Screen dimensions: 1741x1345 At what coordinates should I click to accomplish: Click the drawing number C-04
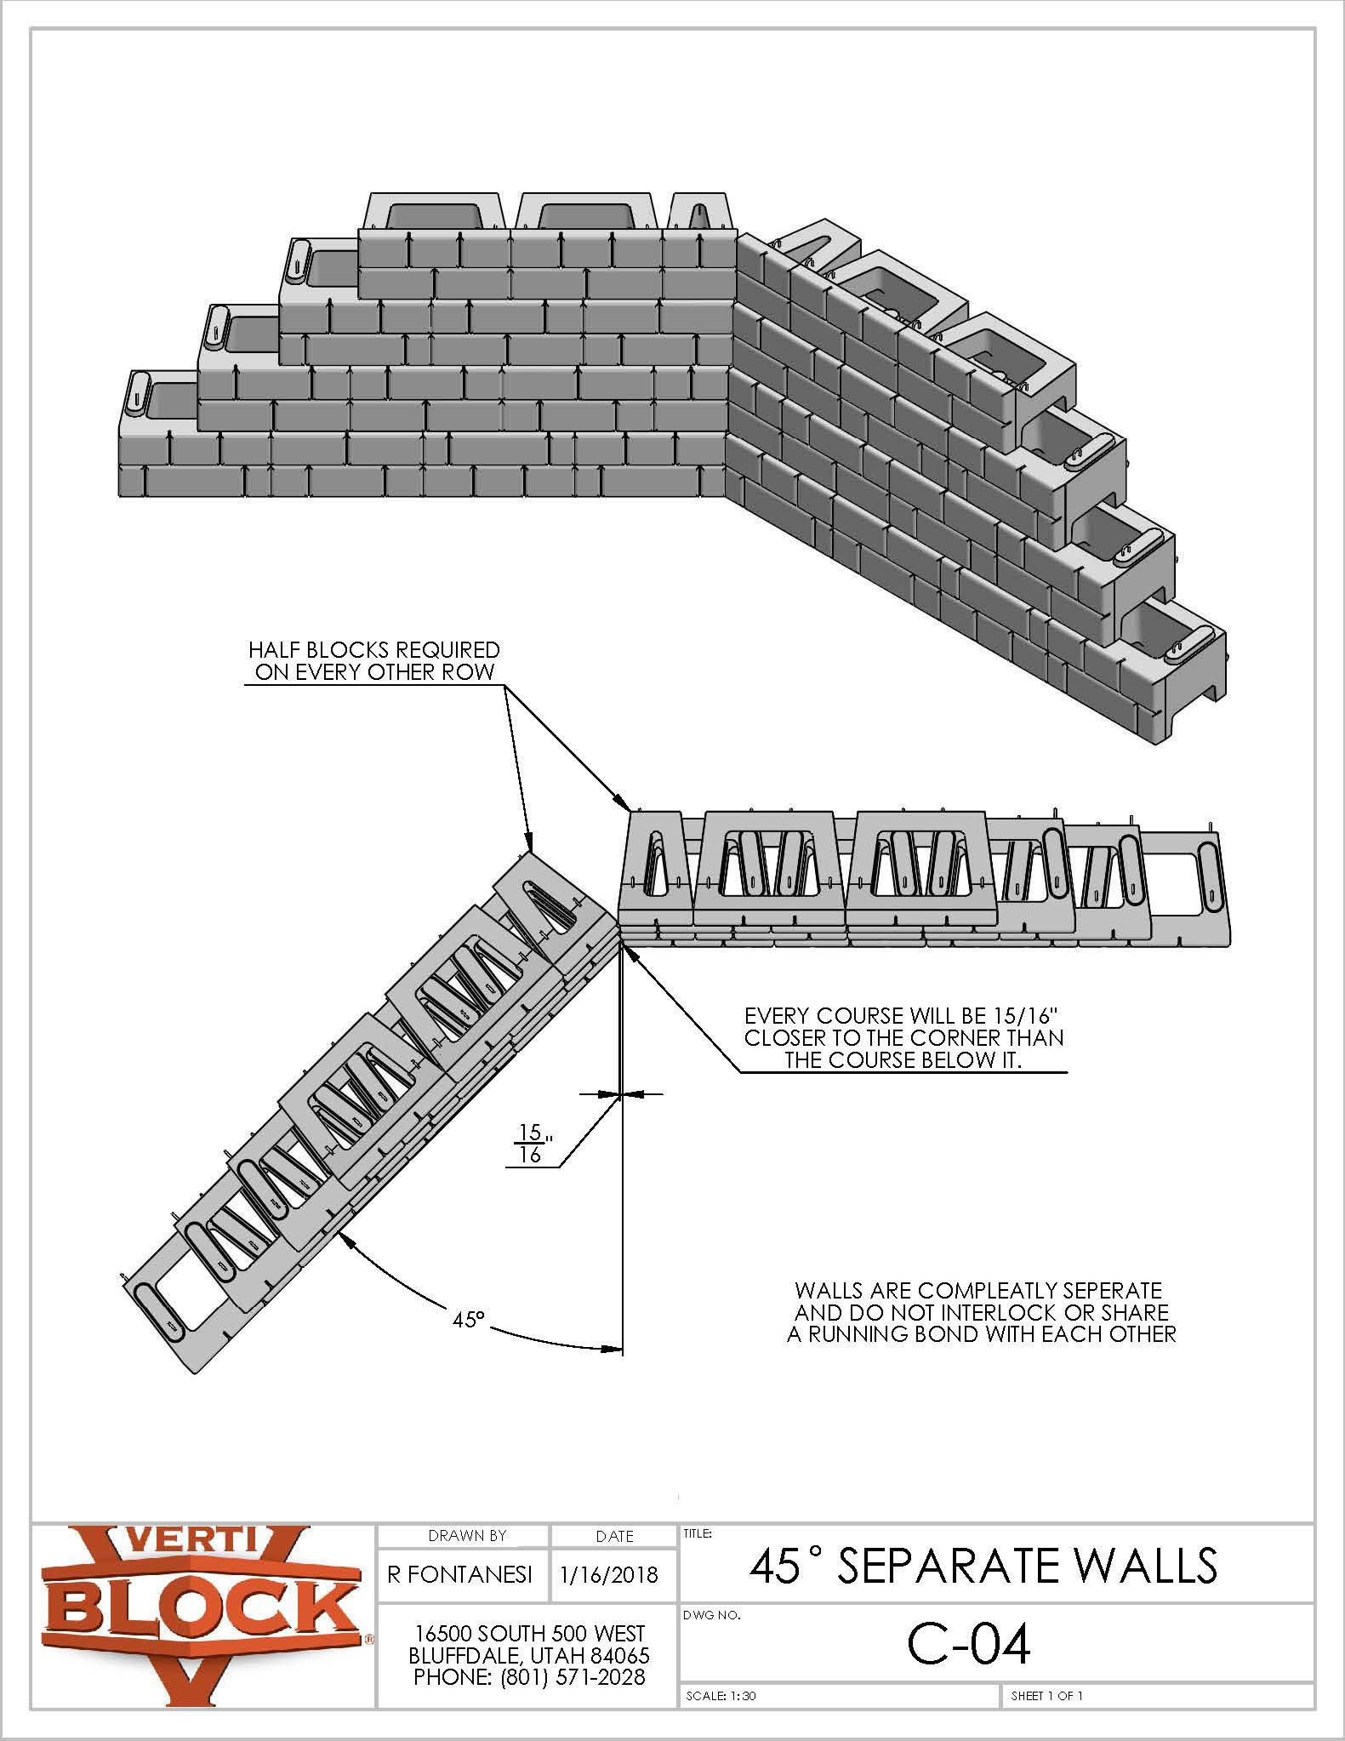point(968,1644)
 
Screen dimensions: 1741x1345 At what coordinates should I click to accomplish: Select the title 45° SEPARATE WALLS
point(983,1564)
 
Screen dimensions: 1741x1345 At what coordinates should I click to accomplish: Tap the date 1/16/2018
point(610,1573)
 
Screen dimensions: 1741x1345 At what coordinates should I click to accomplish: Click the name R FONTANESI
point(460,1573)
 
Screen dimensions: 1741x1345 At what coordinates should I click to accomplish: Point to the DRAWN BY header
point(467,1535)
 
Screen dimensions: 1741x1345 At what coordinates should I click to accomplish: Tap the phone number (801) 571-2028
point(571,1677)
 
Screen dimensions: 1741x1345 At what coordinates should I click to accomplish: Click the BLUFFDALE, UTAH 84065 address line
point(529,1655)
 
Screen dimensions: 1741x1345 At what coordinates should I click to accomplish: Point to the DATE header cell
point(615,1536)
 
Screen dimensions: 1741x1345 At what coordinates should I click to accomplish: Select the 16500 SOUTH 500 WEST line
point(529,1633)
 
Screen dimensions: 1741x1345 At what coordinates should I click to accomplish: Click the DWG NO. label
point(712,1614)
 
